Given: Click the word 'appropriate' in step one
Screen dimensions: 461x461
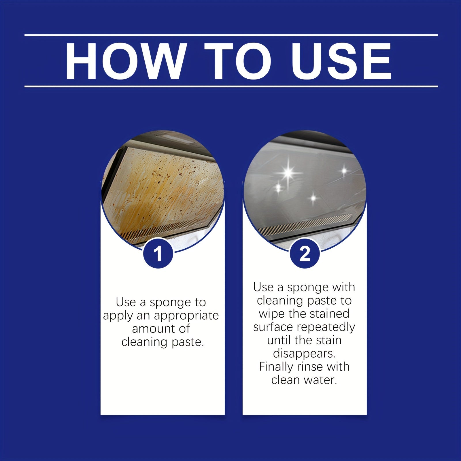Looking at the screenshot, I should click(x=186, y=316).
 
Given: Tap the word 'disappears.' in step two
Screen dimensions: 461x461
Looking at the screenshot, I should click(x=304, y=353).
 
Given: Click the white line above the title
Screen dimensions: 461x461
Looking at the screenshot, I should click(x=231, y=35).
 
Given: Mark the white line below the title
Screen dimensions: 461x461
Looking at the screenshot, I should click(x=231, y=86).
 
